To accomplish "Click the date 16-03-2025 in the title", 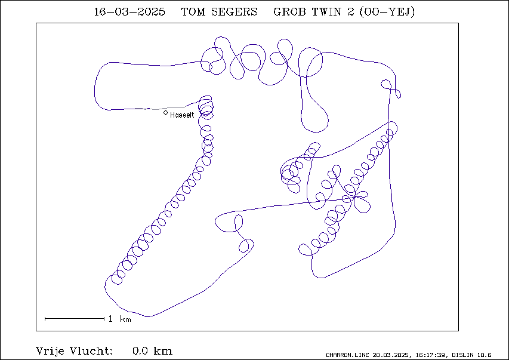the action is (129, 12).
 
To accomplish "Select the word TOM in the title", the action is (193, 12).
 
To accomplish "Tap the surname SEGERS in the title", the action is (234, 12).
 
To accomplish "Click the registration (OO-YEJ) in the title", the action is (387, 12).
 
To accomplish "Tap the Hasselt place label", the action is (182, 115).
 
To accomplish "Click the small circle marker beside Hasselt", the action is (165, 112).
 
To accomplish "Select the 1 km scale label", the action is (120, 319).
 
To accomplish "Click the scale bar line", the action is (75, 319).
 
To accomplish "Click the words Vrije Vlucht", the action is (74, 351).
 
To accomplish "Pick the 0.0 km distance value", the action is (152, 351).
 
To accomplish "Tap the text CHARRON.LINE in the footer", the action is (347, 355).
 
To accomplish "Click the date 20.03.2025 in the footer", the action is (390, 355).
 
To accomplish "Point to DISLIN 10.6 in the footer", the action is (471, 355).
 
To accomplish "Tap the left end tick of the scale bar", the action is (45, 319).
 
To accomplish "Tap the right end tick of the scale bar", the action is (104, 319).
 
